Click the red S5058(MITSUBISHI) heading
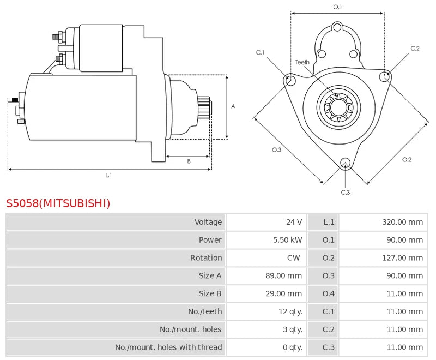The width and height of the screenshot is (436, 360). pos(58,203)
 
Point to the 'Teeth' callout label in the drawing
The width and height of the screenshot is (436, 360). pos(302,62)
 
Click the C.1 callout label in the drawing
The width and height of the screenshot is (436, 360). pos(260,52)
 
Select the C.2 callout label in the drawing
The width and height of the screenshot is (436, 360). pos(415,49)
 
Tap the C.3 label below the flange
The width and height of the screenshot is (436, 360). pos(345,192)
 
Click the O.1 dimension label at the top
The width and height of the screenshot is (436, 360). pos(337,7)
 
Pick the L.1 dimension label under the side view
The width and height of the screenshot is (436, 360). pos(108,175)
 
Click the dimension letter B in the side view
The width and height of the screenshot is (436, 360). pos(189,161)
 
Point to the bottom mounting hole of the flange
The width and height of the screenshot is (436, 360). pos(344,163)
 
